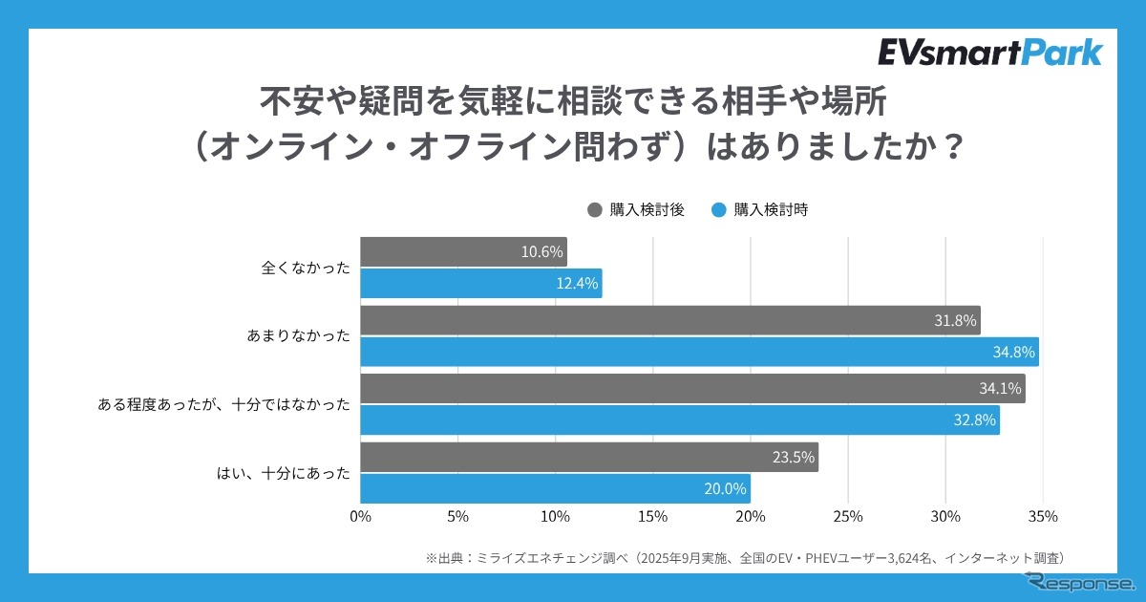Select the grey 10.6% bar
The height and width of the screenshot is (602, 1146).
point(463,252)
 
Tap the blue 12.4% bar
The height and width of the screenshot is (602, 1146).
point(480,283)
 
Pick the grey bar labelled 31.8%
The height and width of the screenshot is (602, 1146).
point(669,321)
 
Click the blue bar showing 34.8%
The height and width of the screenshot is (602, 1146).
point(699,352)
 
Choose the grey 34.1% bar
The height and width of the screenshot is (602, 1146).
point(692,389)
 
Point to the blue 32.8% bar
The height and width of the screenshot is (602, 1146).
point(680,419)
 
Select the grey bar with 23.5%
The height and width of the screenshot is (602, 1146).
point(589,458)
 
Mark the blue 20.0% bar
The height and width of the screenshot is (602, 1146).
point(555,488)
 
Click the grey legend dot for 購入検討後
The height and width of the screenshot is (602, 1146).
point(595,210)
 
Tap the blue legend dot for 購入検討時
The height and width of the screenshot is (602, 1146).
point(719,210)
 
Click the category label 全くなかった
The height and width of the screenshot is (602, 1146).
point(306,269)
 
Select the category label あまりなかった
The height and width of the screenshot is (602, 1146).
point(299,336)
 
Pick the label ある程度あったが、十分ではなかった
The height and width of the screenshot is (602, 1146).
point(224,405)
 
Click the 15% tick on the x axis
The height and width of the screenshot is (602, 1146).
point(652,517)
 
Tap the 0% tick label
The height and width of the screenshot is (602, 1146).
point(360,517)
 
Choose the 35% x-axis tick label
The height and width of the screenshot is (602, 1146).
point(1043,517)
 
